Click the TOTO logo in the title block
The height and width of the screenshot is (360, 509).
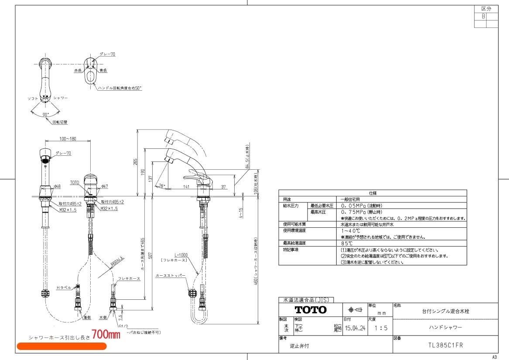point(311,310)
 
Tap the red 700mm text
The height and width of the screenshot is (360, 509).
point(106,335)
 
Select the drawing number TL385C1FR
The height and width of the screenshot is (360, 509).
point(445,345)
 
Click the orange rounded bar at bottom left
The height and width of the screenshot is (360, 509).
point(61,346)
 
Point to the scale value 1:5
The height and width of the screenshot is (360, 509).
point(380,329)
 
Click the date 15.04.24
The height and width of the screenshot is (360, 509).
point(355,329)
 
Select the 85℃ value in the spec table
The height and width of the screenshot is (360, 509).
point(348,243)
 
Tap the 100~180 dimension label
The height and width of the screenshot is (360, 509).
point(68,139)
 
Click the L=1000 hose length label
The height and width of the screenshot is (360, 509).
point(181,254)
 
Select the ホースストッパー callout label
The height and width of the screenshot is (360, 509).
point(171,276)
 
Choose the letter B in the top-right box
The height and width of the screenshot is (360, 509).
point(483,16)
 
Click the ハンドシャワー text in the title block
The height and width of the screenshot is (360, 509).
point(445,327)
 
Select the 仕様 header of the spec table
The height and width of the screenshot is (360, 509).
point(372,192)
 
